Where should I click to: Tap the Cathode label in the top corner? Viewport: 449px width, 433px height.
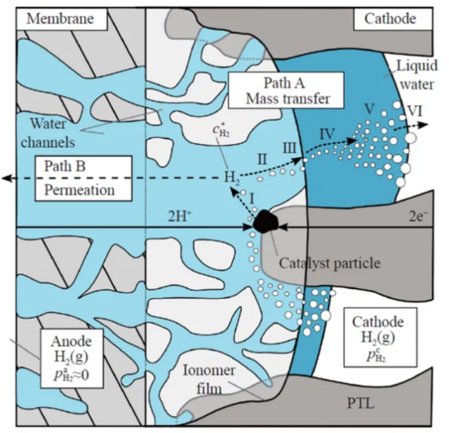(x=389, y=18)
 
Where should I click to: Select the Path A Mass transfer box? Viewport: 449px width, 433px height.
(x=288, y=90)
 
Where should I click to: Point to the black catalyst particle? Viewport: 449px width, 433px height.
(x=266, y=222)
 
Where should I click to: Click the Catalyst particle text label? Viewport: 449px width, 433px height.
(x=330, y=264)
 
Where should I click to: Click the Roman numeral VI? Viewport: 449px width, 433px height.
(x=414, y=111)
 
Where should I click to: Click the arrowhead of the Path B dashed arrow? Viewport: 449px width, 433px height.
(x=7, y=179)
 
